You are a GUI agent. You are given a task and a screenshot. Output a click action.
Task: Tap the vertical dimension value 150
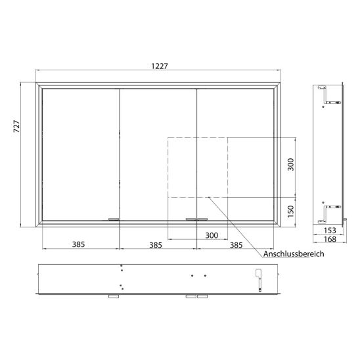pos(291,213)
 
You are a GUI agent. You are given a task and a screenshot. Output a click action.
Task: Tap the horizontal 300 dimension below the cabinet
pos(212,235)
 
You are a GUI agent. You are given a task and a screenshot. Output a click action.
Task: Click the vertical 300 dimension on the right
pos(291,166)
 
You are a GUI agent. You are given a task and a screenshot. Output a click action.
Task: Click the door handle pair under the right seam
pos(196,219)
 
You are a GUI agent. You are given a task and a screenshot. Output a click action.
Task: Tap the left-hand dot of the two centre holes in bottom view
pos(192,276)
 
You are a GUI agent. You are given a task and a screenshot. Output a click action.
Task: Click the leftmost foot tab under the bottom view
pos(112,297)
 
